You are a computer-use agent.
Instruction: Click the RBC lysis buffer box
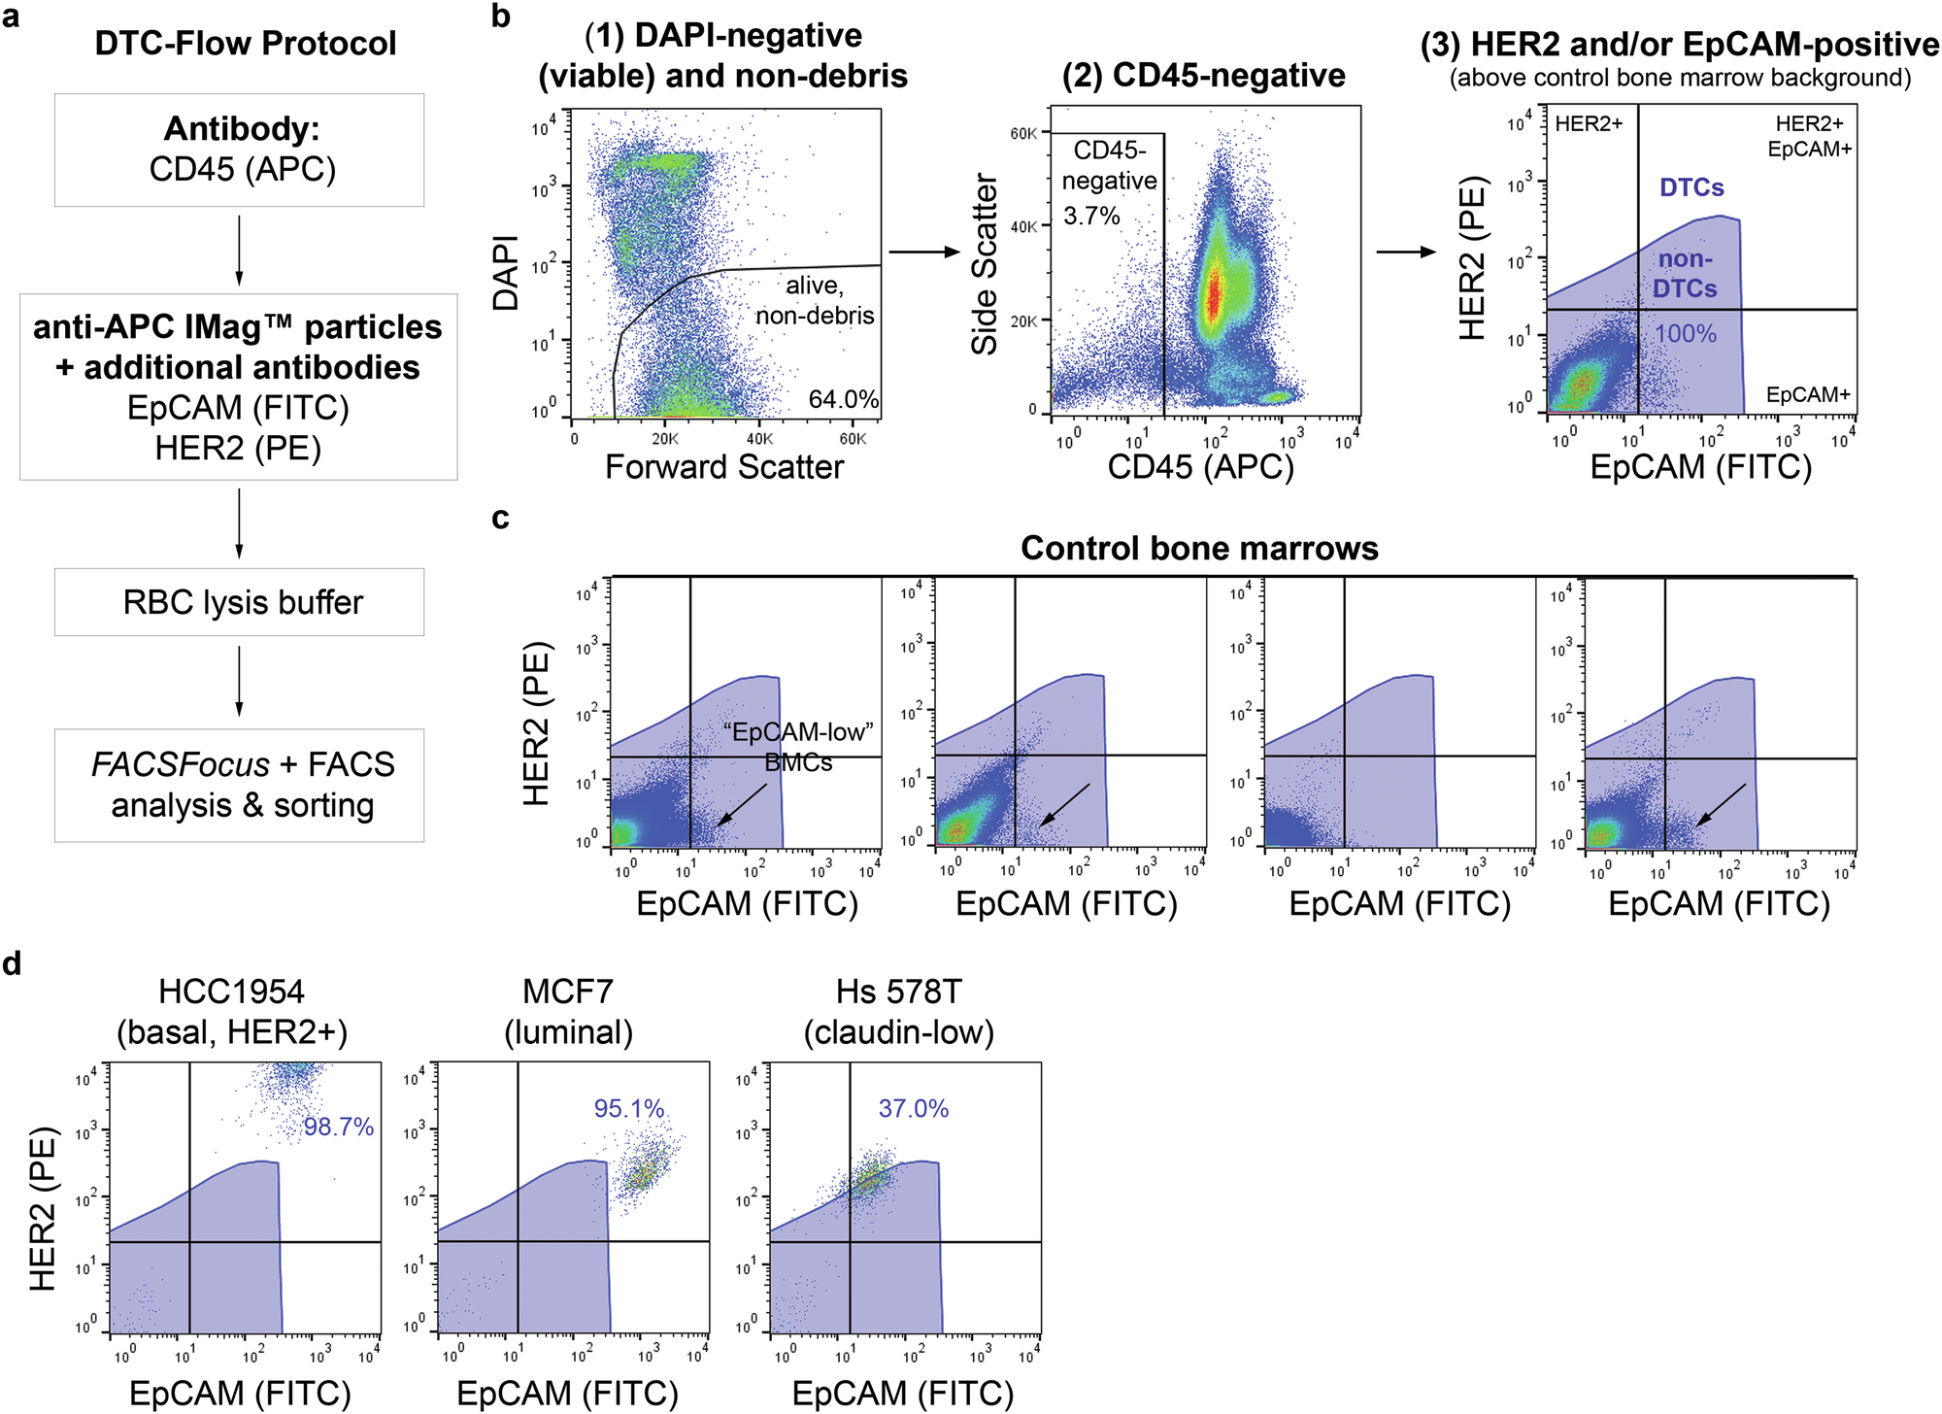click(x=239, y=602)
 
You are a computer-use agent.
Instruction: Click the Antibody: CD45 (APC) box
click(x=239, y=150)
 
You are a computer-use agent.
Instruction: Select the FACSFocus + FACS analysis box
click(x=239, y=785)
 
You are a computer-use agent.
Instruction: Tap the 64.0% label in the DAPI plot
click(x=843, y=399)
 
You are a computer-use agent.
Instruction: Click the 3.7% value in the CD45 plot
click(x=1091, y=216)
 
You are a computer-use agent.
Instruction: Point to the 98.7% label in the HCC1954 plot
click(x=338, y=1127)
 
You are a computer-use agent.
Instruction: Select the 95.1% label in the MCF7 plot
click(x=629, y=1108)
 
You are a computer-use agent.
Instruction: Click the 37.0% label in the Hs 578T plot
click(x=913, y=1108)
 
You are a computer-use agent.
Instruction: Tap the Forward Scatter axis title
click(x=724, y=467)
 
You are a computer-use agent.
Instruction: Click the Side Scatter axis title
click(x=986, y=264)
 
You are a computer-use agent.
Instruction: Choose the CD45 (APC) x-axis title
click(x=1200, y=467)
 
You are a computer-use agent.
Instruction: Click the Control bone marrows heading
click(x=1199, y=549)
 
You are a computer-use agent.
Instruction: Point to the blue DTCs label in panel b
click(x=1691, y=187)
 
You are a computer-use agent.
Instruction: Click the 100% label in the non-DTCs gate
click(x=1685, y=334)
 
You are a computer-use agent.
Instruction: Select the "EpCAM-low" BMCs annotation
click(x=798, y=746)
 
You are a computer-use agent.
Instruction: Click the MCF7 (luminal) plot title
click(x=568, y=1011)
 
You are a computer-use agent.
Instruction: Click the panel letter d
click(x=13, y=963)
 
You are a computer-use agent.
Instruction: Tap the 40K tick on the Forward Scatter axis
click(x=759, y=439)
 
